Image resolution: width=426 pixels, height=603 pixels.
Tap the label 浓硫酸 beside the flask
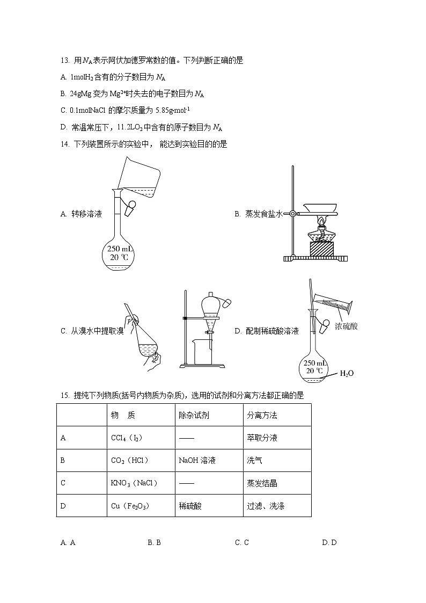point(346,326)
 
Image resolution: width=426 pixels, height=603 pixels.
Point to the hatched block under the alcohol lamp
point(321,249)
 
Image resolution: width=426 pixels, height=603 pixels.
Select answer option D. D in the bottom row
point(329,542)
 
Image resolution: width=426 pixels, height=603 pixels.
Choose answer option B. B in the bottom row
point(154,542)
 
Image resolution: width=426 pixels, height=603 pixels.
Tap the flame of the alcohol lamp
point(321,221)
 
